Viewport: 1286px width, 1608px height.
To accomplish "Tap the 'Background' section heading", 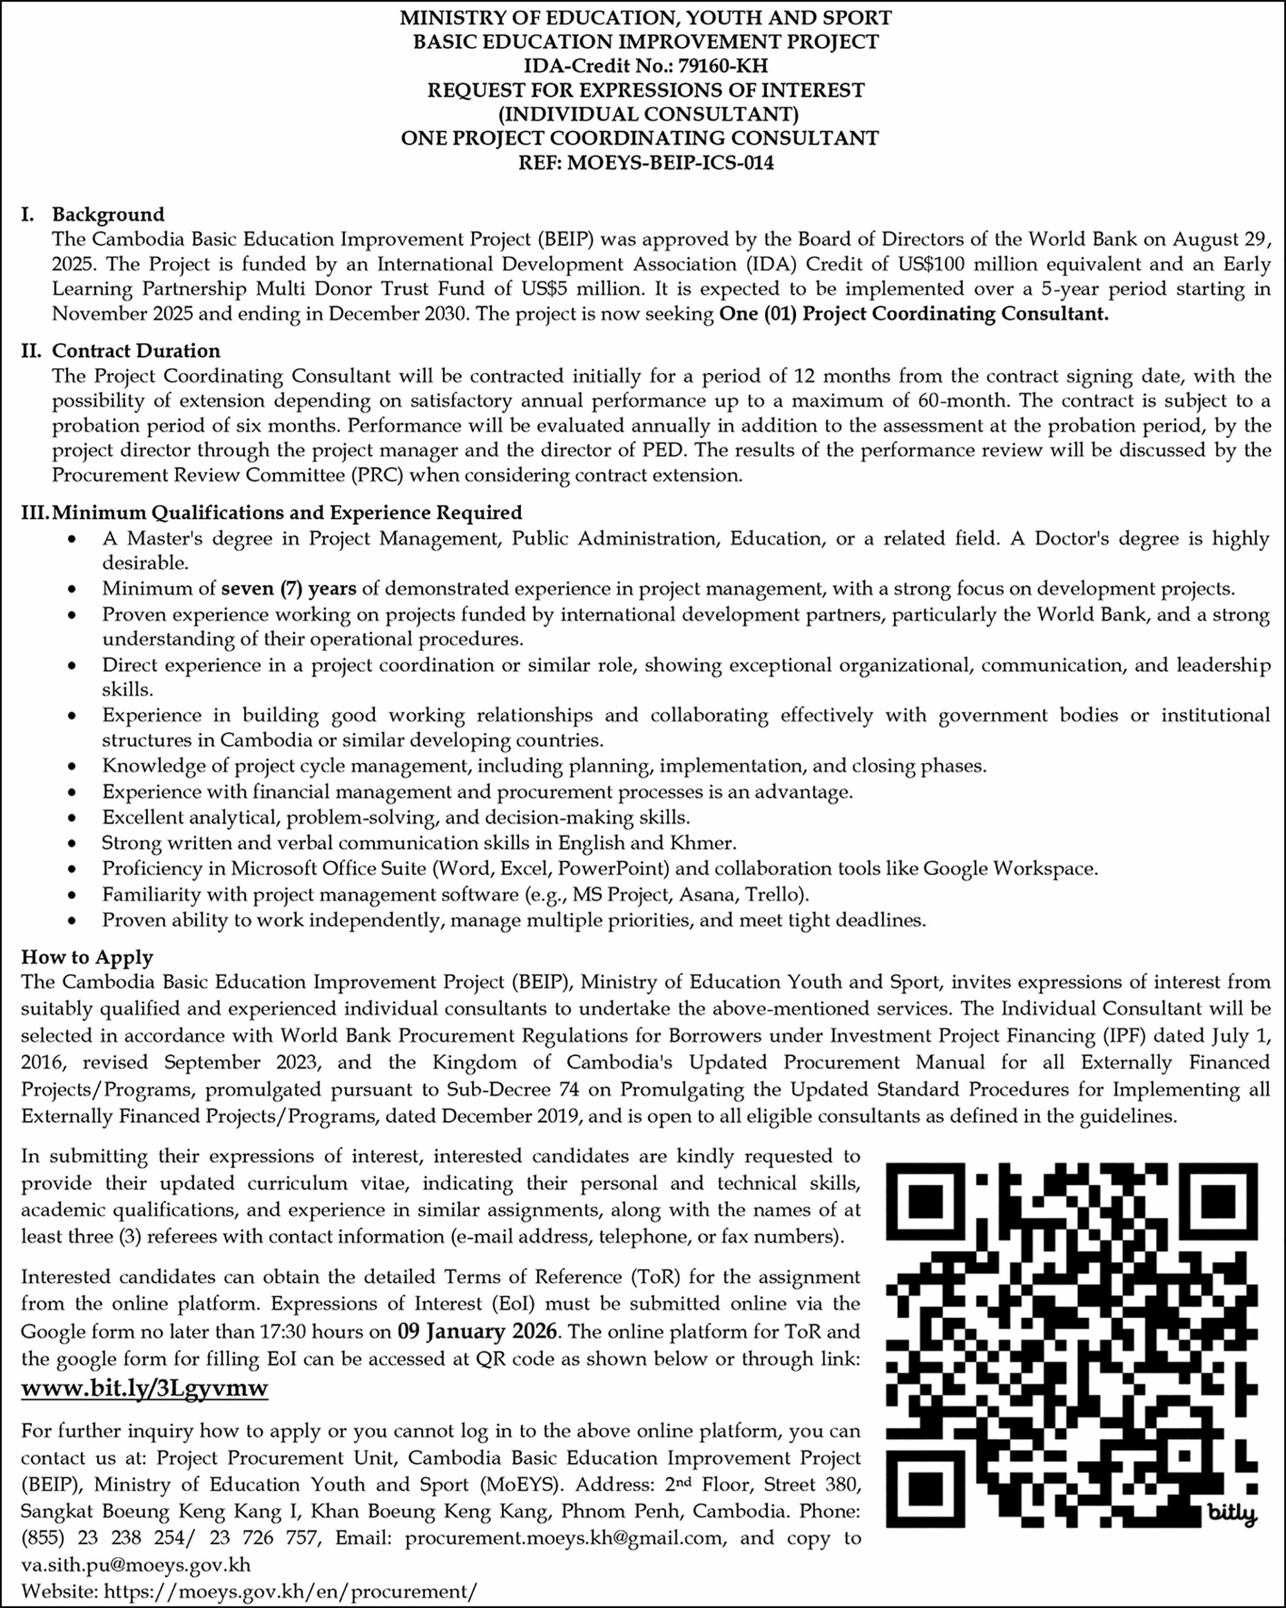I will point(108,215).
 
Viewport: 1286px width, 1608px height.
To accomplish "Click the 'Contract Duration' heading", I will point(136,350).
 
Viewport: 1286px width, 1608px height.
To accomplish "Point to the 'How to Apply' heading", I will point(87,957).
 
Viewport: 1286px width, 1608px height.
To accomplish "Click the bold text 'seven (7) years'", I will point(289,589).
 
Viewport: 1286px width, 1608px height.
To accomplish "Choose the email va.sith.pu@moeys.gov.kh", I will point(136,1564).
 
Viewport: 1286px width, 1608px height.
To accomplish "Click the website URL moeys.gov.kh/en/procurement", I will point(290,1591).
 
